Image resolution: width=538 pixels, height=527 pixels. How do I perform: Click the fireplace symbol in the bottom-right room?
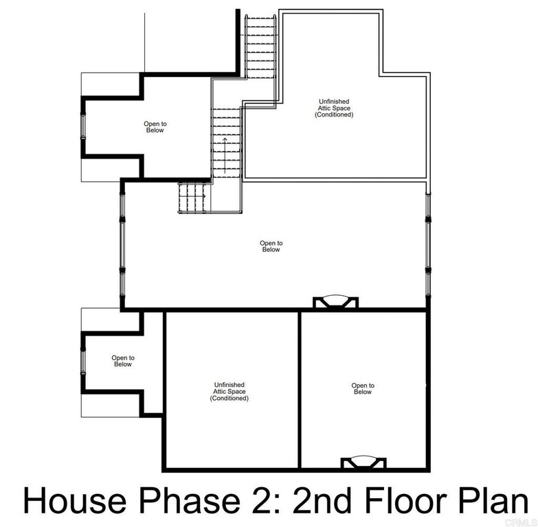tap(360, 462)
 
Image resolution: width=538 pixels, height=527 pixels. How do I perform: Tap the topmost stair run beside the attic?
tap(260, 41)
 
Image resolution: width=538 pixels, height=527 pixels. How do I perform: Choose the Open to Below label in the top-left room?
tap(155, 127)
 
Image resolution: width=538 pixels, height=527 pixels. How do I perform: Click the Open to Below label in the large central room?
tap(271, 246)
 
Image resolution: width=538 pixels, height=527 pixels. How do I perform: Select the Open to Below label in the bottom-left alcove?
tap(122, 361)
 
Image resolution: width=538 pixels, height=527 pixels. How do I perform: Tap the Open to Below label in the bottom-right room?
tap(362, 388)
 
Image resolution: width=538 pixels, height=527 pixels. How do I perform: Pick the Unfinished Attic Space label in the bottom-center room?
tap(229, 392)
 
